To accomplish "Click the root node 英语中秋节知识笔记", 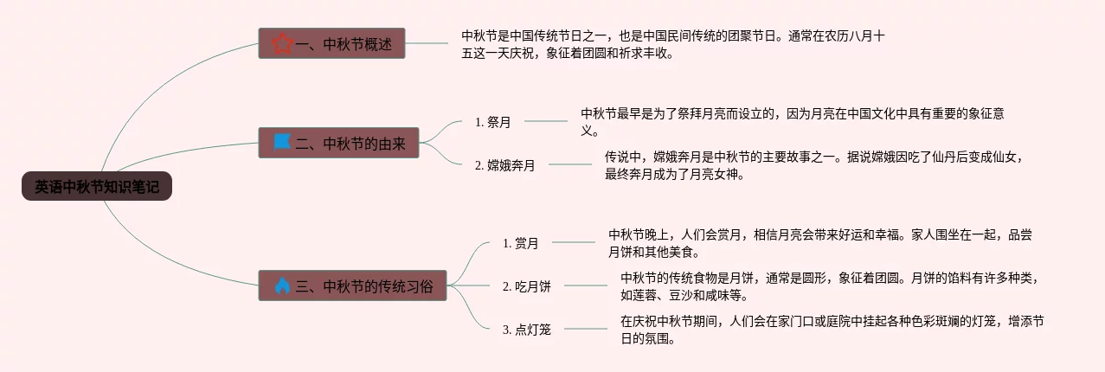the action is click(97, 186).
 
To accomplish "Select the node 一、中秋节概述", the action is click(332, 43).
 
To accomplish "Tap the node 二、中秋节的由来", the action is click(338, 143).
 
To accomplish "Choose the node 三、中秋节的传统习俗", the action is click(352, 285).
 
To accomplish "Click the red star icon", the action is click(282, 43).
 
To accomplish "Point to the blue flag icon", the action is click(282, 143).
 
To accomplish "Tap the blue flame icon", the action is click(282, 285).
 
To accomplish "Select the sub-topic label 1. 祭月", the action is click(492, 122).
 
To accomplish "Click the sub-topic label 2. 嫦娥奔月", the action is click(504, 164).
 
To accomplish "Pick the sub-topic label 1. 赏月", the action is click(520, 243).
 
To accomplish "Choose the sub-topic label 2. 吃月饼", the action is click(526, 285).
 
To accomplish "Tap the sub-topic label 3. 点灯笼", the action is click(526, 329).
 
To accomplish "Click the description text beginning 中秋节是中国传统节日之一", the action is click(673, 44).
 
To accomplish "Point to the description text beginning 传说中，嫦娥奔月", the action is click(813, 164).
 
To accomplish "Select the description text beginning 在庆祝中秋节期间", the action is click(831, 330).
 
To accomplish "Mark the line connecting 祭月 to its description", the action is click(545, 122).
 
